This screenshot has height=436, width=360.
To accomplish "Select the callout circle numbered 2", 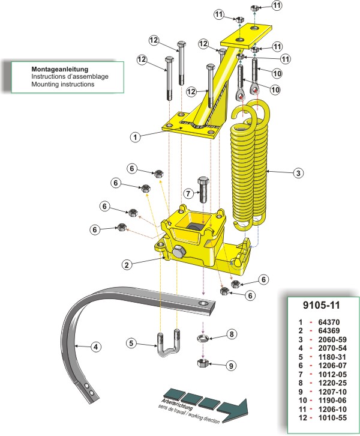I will point(126,264).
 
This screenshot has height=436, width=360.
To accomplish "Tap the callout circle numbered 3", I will point(298,174).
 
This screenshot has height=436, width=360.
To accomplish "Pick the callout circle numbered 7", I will point(188,194).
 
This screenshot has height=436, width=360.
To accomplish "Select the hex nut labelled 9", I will point(203,362).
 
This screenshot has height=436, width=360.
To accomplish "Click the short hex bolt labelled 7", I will point(203,189).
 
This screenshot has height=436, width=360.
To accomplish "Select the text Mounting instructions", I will point(63,85).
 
